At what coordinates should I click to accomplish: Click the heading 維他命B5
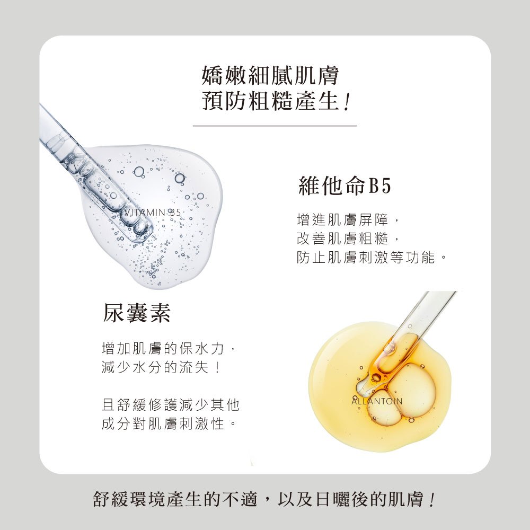coord(345,185)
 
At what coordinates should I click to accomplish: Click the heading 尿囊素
coord(136,313)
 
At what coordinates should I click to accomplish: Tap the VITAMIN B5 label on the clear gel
coord(153,213)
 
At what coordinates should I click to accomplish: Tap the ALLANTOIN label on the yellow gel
coord(377,401)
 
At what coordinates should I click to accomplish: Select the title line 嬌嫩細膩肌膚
coord(270,75)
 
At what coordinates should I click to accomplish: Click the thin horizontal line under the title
coord(275,126)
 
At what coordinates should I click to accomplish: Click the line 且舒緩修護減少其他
coord(171,404)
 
